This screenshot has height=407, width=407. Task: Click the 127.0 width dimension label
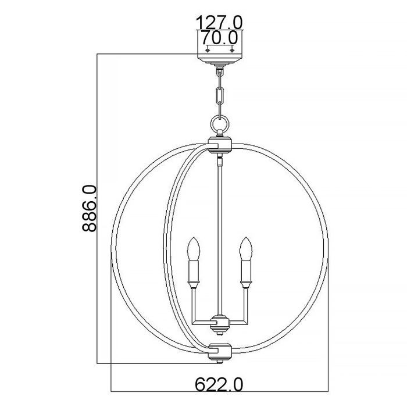[x=219, y=22]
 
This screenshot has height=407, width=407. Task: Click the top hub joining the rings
[x=220, y=143]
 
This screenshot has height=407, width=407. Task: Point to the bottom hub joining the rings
[x=220, y=351]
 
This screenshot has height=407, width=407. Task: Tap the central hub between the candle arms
[x=220, y=321]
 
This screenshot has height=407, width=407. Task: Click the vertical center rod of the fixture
[x=220, y=233]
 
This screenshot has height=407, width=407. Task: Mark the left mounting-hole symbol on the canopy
[x=208, y=50]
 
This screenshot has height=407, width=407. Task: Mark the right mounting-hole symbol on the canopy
[x=233, y=50]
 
